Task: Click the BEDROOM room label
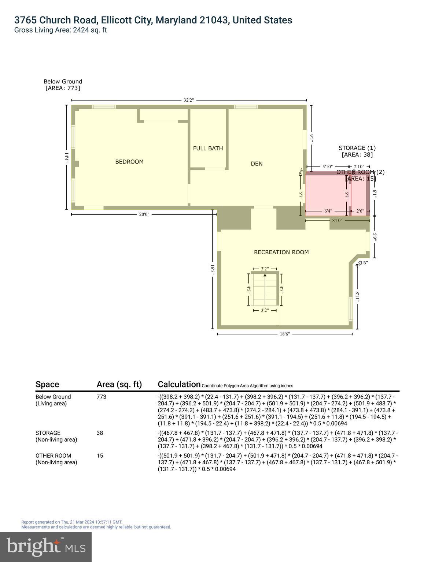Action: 129,162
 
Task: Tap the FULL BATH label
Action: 208,148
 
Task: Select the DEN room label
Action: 257,164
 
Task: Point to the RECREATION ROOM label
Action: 281,252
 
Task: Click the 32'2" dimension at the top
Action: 188,100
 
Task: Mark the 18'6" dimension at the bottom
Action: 285,334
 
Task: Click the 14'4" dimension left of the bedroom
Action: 66,157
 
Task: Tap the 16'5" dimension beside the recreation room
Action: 212,269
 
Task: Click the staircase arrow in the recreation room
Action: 265,276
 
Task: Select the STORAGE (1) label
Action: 357,148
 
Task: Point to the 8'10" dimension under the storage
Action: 338,220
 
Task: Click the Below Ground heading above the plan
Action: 63,82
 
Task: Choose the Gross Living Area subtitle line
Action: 60,30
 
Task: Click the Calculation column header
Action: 179,384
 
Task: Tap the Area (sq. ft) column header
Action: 119,384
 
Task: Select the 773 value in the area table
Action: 101,397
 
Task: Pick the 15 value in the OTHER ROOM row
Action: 100,456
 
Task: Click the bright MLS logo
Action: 46,547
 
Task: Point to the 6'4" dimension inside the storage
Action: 328,211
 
